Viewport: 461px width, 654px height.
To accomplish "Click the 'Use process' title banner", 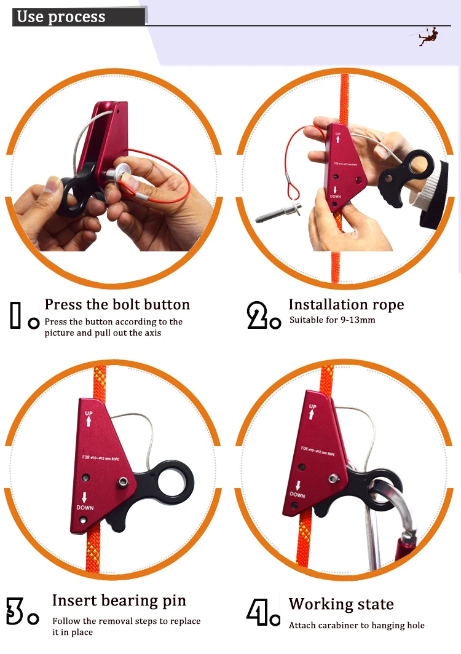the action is [79, 17].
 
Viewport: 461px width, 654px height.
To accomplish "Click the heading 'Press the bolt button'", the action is [117, 304].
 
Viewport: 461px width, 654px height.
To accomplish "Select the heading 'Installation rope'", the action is [346, 304].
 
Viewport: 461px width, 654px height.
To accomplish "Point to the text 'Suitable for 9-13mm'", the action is [332, 320].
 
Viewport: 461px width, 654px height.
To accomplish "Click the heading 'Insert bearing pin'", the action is [119, 601].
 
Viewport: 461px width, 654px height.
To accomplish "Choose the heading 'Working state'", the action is [341, 604].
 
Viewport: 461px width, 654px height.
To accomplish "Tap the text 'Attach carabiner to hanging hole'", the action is [357, 625].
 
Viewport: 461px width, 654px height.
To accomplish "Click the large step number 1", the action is [15, 315].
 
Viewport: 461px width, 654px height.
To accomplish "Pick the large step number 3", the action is [15, 611].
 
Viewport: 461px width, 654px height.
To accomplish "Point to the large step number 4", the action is [258, 612].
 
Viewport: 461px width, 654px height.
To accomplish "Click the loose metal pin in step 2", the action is [278, 212].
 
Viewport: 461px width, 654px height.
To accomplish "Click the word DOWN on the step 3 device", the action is [85, 508].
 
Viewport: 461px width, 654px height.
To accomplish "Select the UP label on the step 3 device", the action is [89, 413].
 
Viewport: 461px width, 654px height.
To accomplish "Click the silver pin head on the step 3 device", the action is [122, 482].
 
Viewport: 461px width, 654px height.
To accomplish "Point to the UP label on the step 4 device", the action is [312, 406].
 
